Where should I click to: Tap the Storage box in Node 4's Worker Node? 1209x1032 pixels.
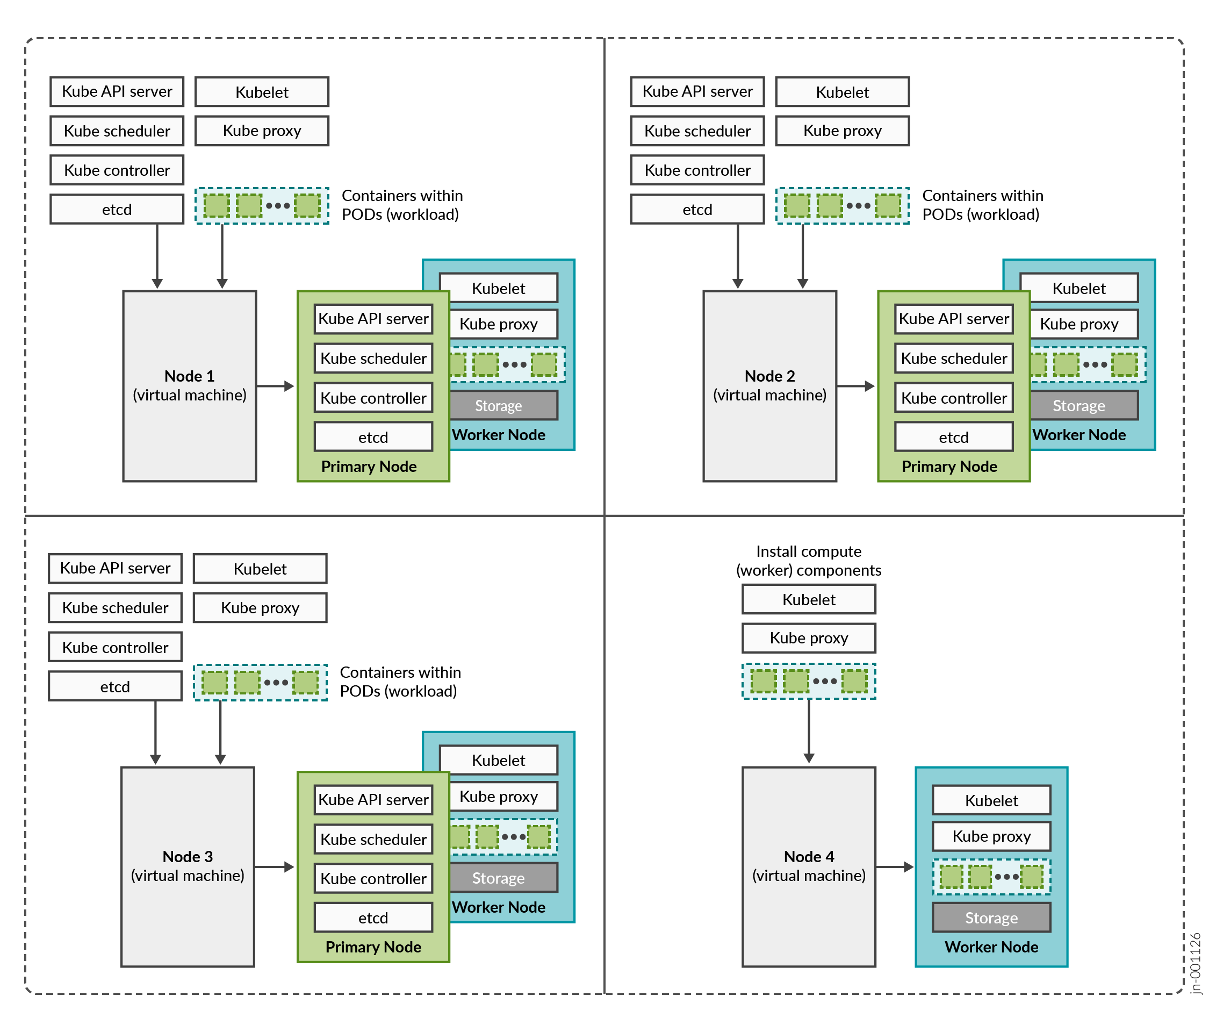coord(991,918)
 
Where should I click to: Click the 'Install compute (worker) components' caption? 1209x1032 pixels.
coord(808,561)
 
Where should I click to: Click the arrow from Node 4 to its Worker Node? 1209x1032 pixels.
coord(895,867)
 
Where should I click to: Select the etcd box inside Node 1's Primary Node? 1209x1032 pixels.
coord(373,437)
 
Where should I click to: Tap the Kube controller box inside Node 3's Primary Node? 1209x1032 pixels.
coord(373,878)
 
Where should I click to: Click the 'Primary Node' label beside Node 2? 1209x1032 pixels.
coord(949,467)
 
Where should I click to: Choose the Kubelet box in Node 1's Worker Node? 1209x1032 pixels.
coord(498,288)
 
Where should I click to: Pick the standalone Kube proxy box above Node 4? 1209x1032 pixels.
coord(808,638)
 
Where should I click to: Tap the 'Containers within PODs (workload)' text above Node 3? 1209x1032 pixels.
coord(400,682)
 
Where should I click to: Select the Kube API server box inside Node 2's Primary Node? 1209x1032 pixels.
coord(953,319)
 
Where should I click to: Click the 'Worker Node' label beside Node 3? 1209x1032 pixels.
coord(498,907)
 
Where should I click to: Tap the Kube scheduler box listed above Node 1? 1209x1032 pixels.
coord(117,131)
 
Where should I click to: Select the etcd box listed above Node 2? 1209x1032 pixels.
coord(697,210)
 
